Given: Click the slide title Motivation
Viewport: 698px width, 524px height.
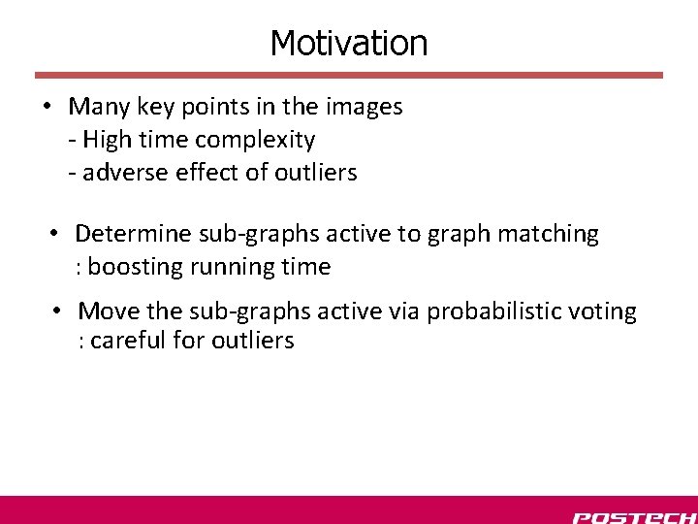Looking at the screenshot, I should [x=348, y=43].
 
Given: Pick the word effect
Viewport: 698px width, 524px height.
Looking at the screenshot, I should [x=195, y=173].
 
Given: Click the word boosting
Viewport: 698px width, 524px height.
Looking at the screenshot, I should [x=129, y=267].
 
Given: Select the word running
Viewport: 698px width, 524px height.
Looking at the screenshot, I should [x=215, y=267].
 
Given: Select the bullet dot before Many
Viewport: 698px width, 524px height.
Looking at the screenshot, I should [x=47, y=107].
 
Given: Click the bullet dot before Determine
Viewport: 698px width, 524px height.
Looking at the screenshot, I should [x=55, y=234].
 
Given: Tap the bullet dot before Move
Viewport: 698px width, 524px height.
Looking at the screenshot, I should [x=58, y=311].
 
